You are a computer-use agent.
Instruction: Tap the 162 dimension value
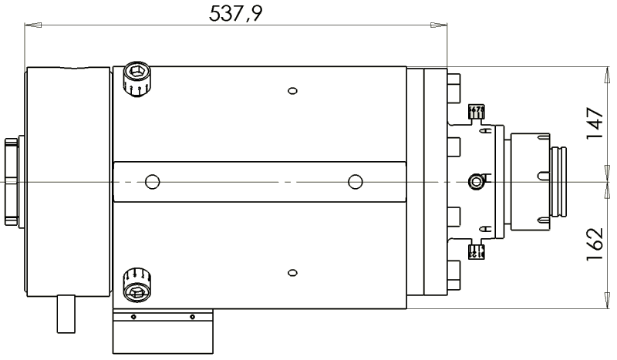coord(594,244)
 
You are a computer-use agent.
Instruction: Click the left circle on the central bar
coord(152,182)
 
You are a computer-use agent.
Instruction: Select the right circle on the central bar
coord(355,182)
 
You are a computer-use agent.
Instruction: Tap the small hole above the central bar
coord(292,91)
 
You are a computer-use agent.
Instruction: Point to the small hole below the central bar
coord(292,272)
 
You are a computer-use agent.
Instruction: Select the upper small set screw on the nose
coord(477,113)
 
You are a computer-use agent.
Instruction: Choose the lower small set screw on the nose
coord(477,251)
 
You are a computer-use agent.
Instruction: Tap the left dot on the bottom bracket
coord(133,316)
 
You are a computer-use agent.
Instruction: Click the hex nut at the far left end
coord(11,181)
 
